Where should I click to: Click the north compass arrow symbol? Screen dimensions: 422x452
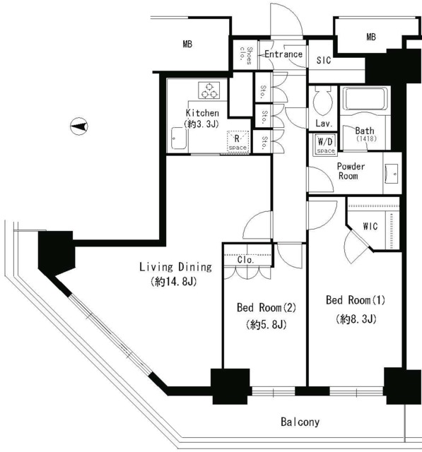click(x=79, y=126)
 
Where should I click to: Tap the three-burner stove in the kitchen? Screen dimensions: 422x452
click(x=209, y=90)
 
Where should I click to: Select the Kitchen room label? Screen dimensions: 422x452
click(x=202, y=113)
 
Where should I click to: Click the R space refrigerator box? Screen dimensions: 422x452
click(x=238, y=141)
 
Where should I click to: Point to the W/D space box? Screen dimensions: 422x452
click(x=326, y=144)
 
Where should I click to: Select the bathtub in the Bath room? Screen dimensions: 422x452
click(x=365, y=99)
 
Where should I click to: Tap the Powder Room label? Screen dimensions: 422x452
click(x=351, y=171)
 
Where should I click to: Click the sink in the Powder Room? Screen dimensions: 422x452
click(x=392, y=174)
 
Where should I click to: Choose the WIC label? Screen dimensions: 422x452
click(x=370, y=226)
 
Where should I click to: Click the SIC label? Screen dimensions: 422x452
click(x=324, y=60)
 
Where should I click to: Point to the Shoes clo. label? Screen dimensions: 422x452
click(x=246, y=55)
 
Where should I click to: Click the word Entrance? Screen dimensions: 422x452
click(x=283, y=54)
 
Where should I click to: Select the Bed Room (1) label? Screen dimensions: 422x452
click(x=356, y=300)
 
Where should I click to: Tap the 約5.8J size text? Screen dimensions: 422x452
click(x=266, y=325)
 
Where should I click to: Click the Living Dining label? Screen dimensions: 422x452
click(x=176, y=267)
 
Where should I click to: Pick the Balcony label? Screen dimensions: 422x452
click(x=300, y=422)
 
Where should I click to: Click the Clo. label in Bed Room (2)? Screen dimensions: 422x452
click(x=246, y=260)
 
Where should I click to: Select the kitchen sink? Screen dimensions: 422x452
click(x=179, y=138)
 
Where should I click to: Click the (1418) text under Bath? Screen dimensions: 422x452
click(x=366, y=138)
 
